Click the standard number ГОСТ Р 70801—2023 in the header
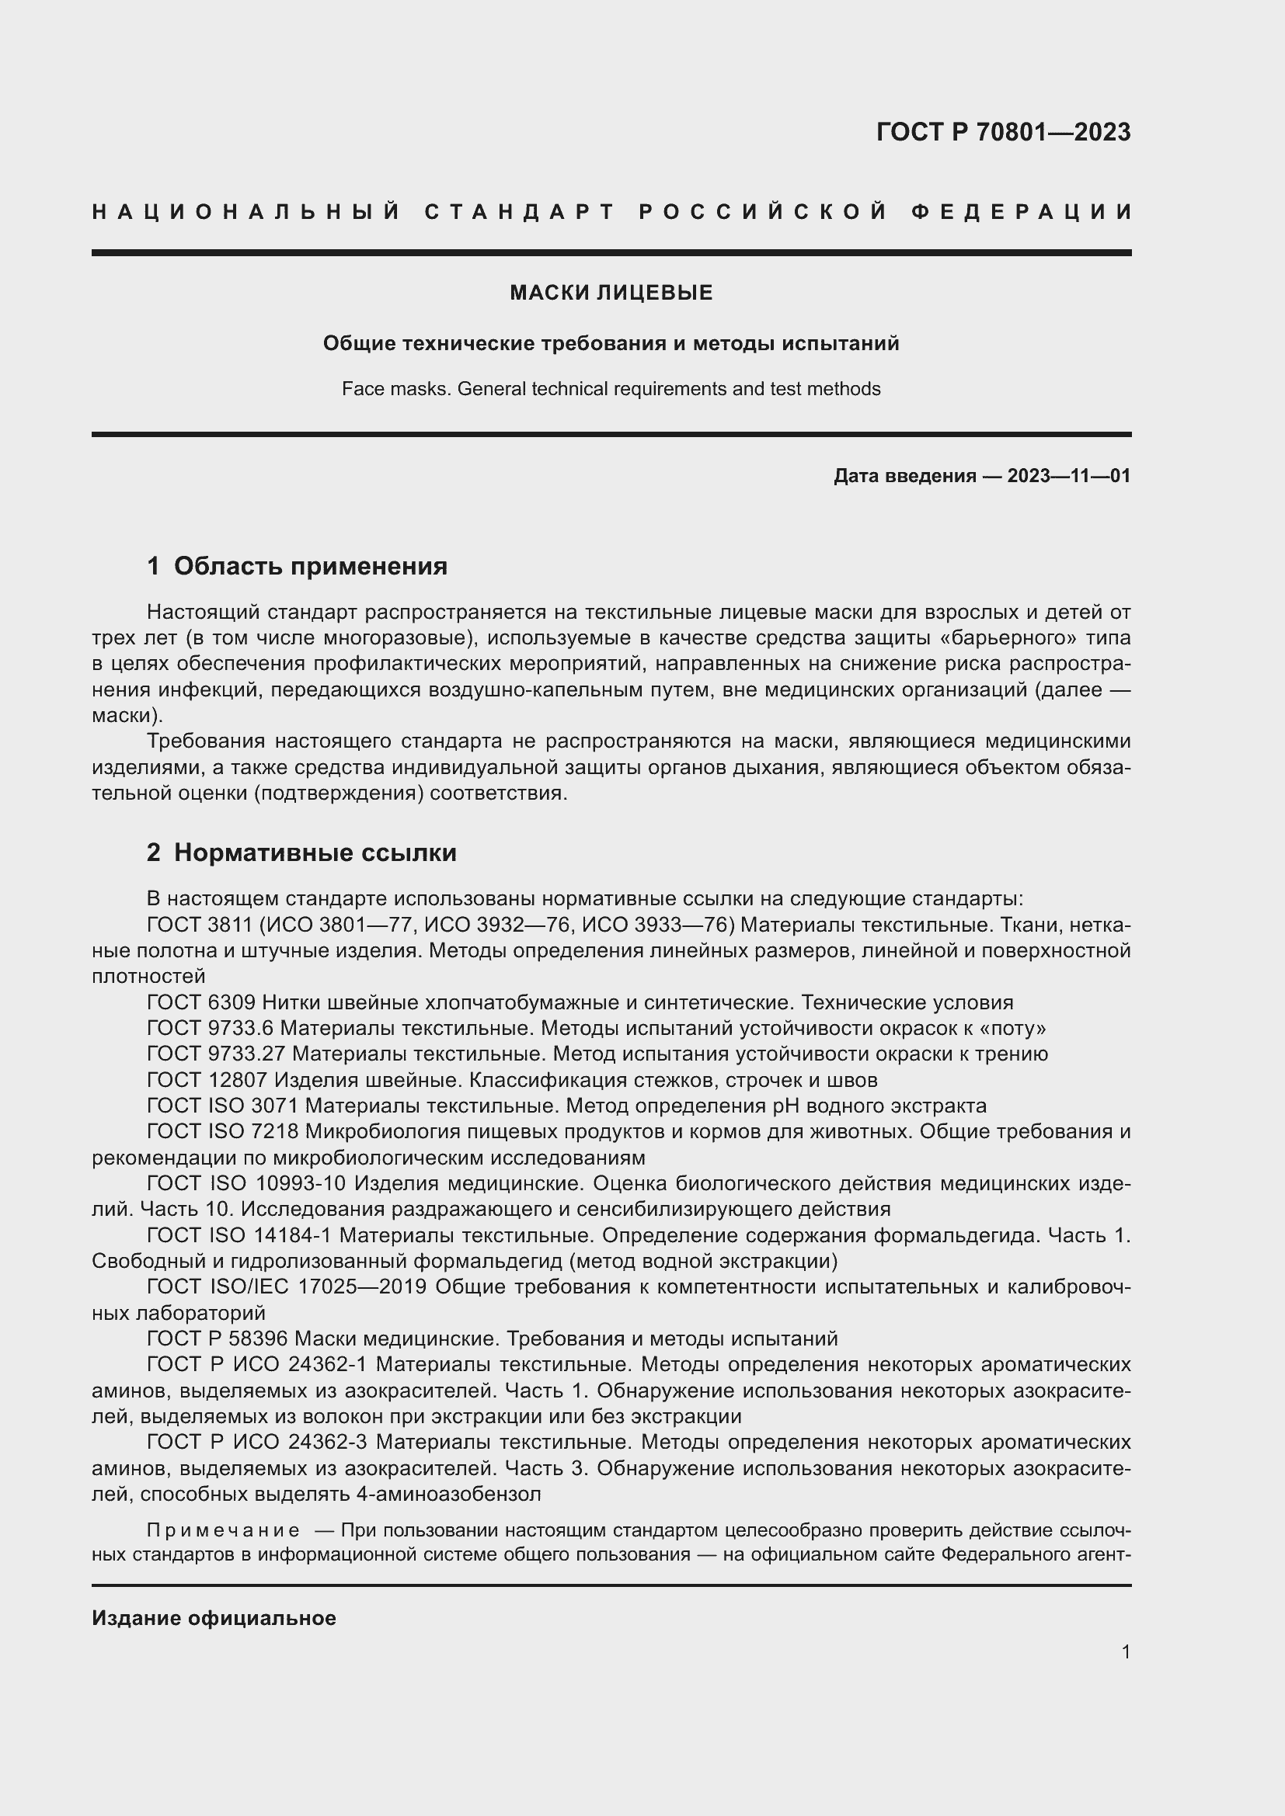coord(1003,132)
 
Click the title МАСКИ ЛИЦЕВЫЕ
coord(611,293)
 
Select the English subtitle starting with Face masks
coord(611,389)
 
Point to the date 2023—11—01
coord(1068,476)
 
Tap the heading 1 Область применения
coord(297,566)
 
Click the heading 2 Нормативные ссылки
coord(301,852)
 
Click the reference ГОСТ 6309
coord(201,1003)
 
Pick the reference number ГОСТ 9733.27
coord(216,1054)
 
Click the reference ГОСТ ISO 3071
coord(222,1106)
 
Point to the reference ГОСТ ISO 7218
coord(222,1132)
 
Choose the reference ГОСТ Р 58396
coord(218,1339)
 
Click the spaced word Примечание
coord(223,1530)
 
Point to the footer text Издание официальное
coord(214,1618)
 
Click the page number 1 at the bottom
coord(1126,1651)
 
